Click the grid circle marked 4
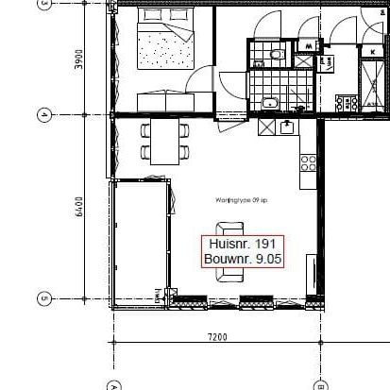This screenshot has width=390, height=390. [43, 115]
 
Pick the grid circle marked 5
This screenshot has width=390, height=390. [43, 299]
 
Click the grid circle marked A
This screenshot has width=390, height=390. [113, 384]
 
